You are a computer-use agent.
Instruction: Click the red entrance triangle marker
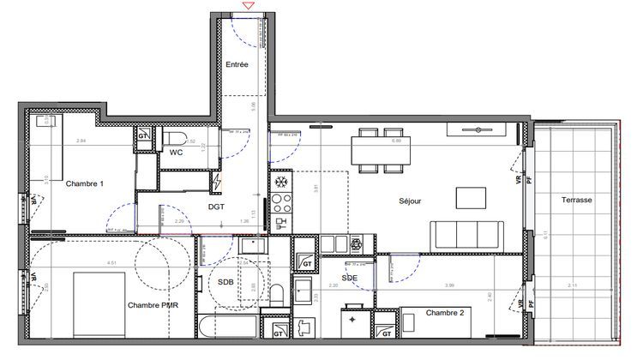(x=249, y=6)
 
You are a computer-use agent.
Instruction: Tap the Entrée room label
(x=237, y=65)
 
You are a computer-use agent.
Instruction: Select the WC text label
(x=175, y=153)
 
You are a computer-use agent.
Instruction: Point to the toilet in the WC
(x=176, y=138)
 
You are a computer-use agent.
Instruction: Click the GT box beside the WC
(x=144, y=136)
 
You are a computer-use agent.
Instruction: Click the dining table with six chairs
(x=380, y=149)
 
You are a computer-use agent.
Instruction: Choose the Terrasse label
(x=576, y=199)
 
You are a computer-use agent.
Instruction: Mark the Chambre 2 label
(x=445, y=313)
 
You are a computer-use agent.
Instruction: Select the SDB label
(x=225, y=282)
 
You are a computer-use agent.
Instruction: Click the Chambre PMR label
(x=152, y=306)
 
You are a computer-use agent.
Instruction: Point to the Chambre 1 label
(x=85, y=183)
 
